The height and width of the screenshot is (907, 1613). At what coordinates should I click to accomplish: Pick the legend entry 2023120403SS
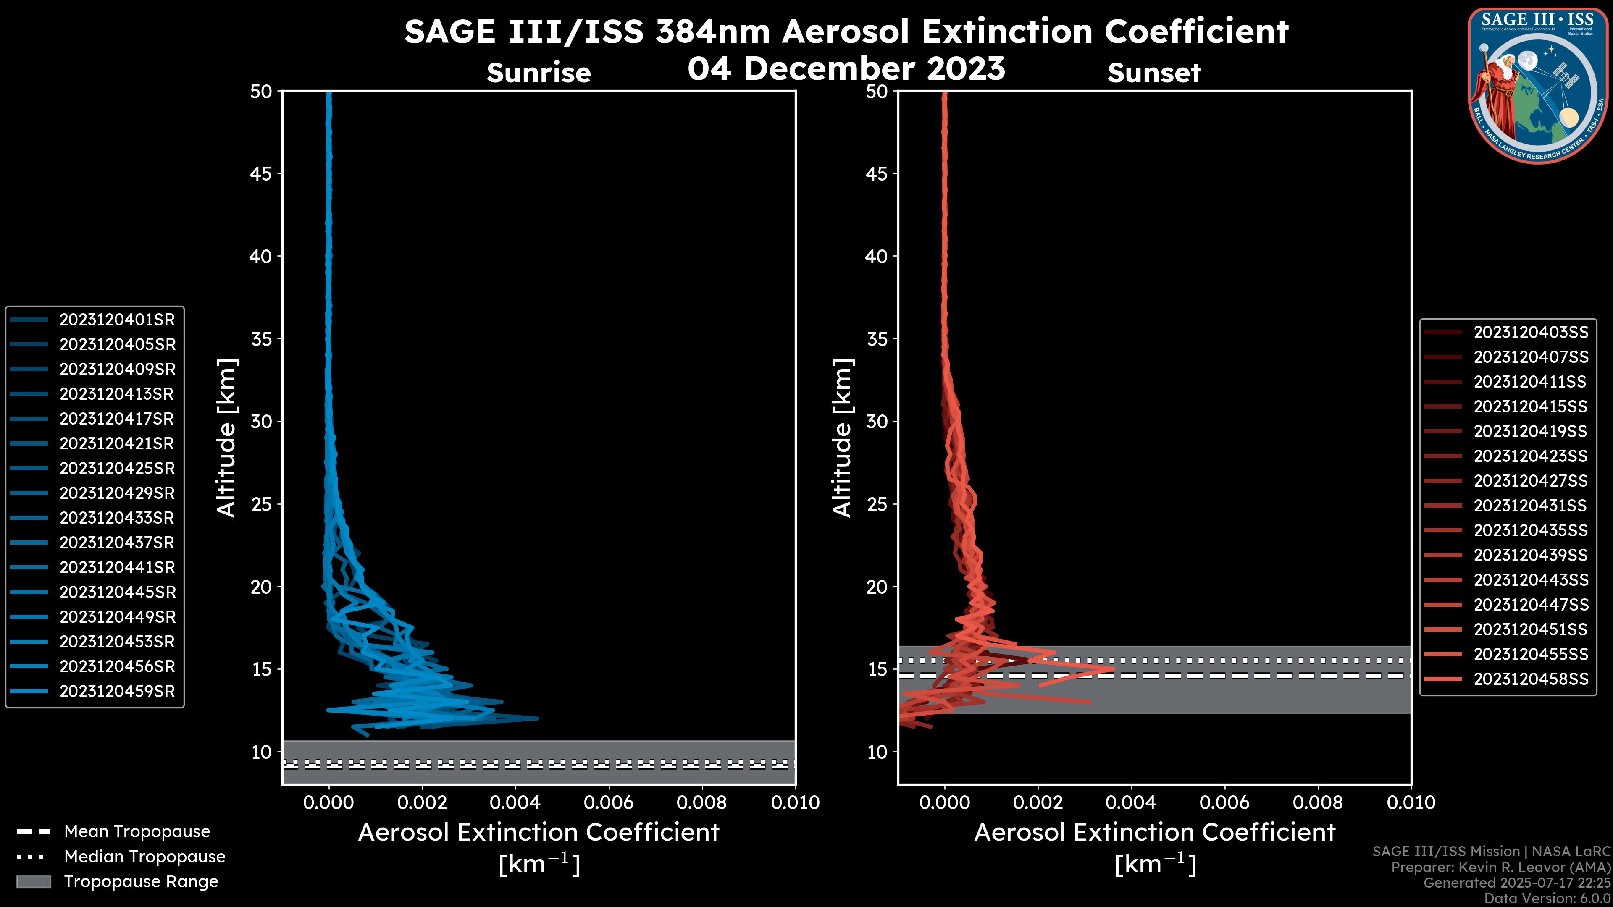pos(1530,333)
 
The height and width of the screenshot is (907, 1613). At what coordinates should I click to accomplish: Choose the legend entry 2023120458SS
pos(1530,679)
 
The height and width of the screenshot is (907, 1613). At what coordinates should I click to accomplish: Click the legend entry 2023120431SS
pos(1530,506)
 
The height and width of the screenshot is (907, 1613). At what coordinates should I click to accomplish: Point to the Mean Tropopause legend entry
pos(137,832)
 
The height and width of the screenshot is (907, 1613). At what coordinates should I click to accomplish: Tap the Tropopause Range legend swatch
pos(34,882)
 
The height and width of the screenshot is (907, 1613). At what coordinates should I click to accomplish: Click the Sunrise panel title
pos(539,73)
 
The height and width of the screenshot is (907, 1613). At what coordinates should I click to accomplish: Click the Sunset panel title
pos(1154,73)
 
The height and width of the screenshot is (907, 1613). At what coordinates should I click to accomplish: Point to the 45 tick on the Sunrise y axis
pos(261,174)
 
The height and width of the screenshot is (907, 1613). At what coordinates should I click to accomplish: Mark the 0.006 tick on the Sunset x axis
pos(1225,802)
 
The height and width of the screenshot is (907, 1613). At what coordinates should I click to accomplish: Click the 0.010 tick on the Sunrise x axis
pos(795,802)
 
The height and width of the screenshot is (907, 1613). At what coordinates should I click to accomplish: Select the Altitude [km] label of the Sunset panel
pos(843,438)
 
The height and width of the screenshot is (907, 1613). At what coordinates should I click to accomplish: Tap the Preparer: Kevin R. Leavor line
pos(1500,868)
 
